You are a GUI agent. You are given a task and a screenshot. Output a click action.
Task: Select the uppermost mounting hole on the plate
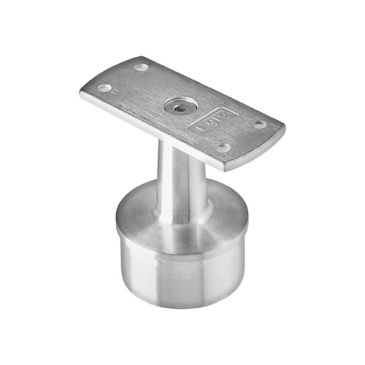coord(141,67)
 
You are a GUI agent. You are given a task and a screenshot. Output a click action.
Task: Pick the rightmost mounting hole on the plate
coord(259,123)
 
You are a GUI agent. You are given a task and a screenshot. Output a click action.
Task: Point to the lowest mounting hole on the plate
coord(225,147)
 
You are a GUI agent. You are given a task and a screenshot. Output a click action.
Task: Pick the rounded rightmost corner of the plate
coord(282,131)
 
